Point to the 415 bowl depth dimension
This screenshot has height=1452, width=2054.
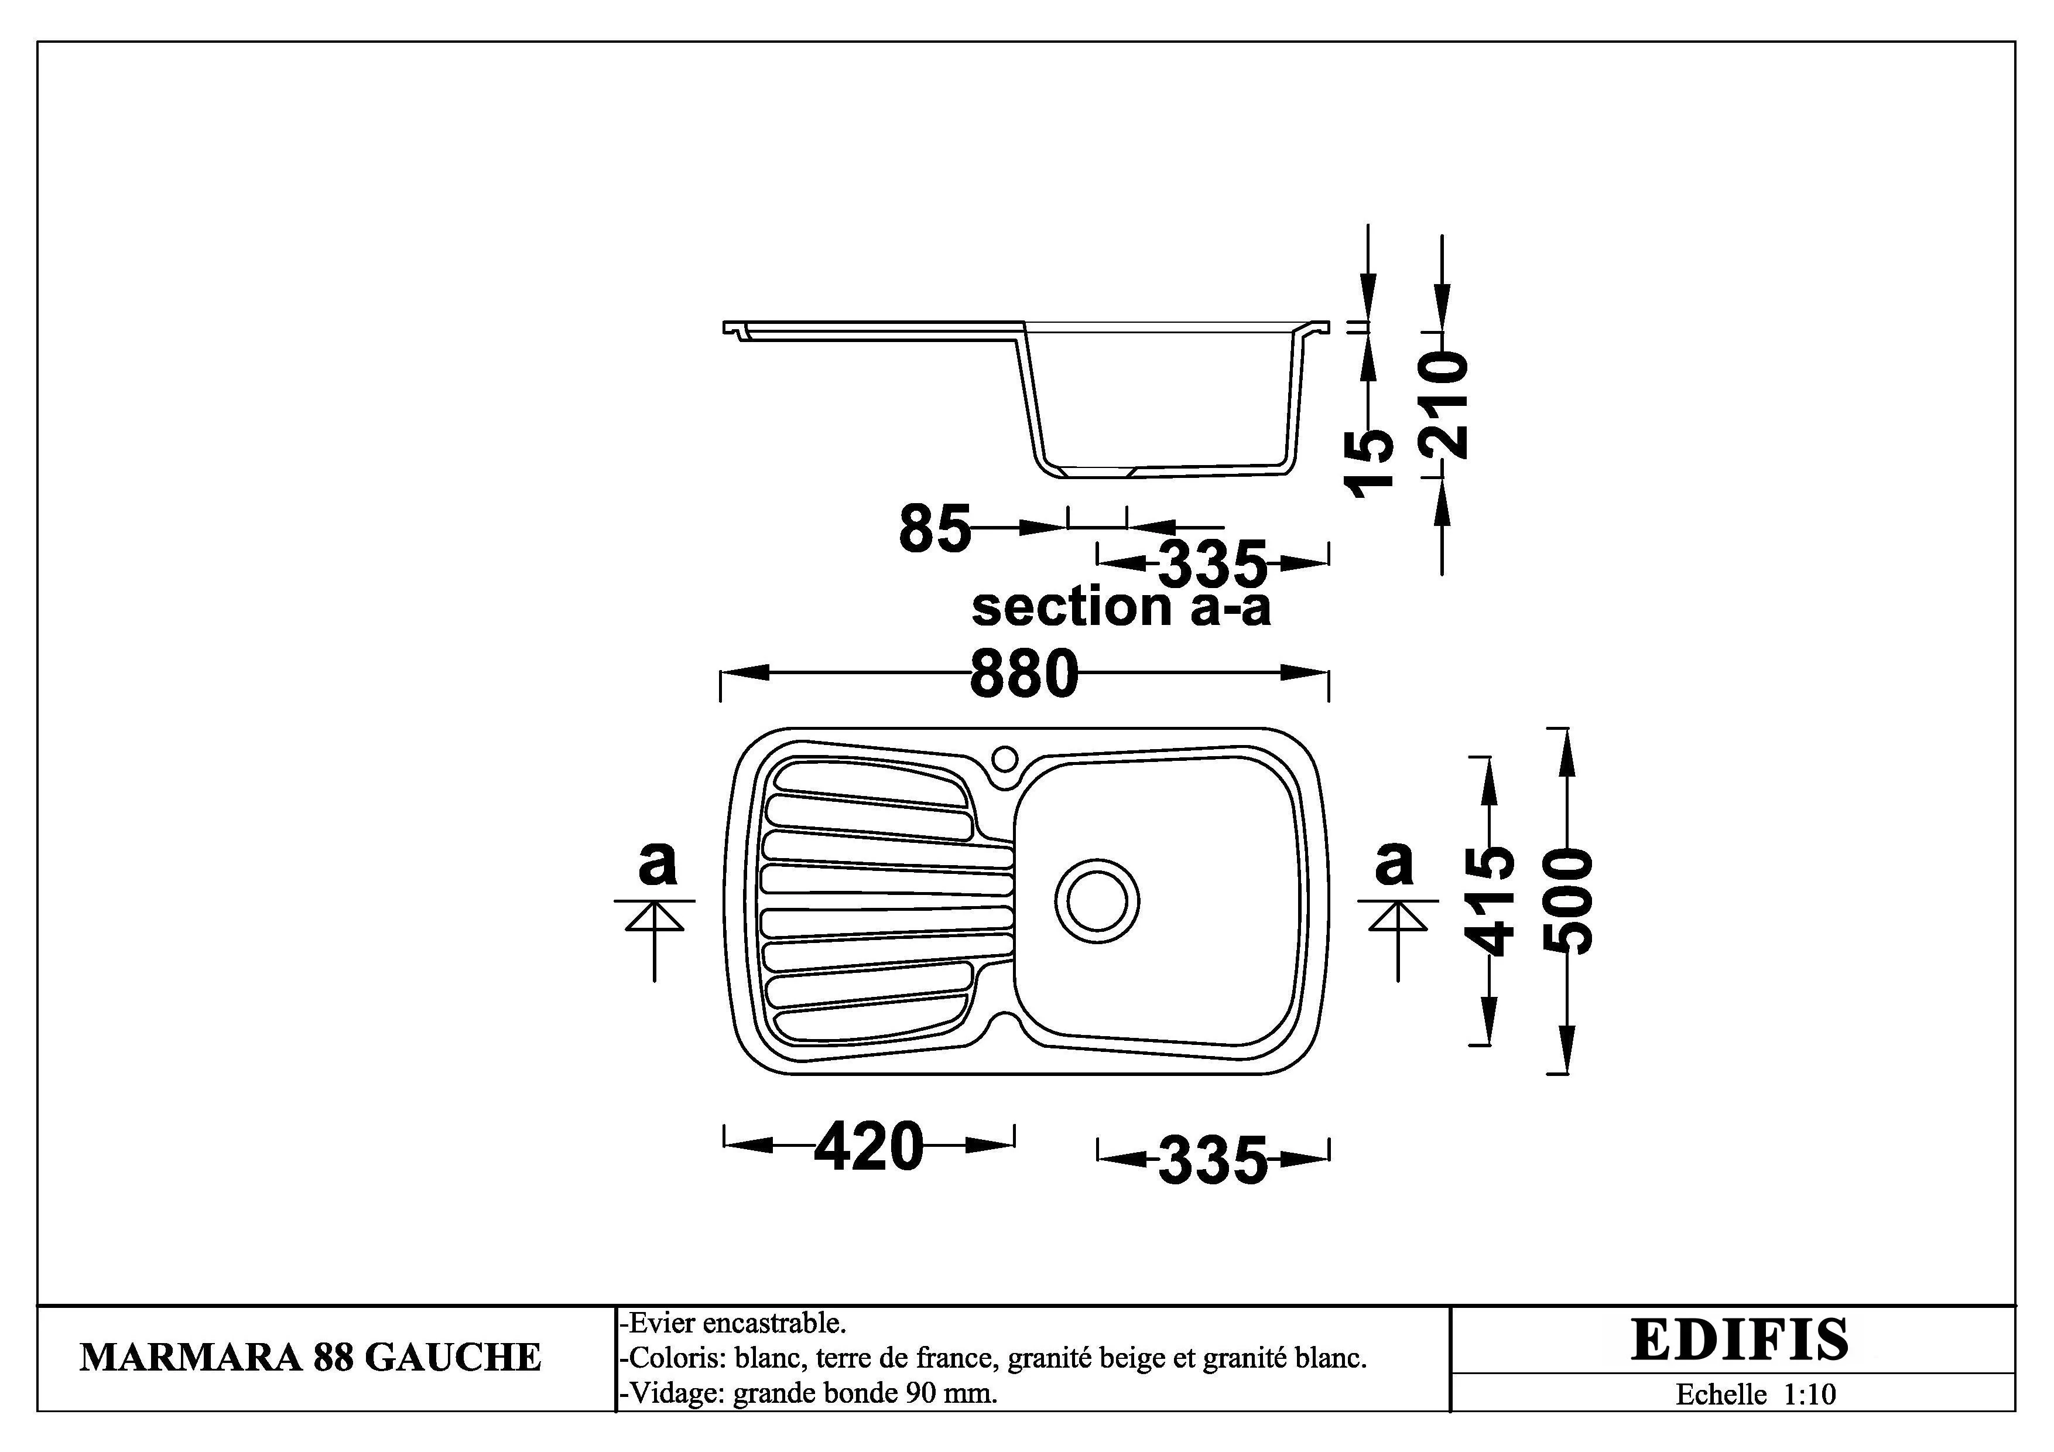click(1490, 901)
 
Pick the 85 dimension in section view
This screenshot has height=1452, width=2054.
click(935, 528)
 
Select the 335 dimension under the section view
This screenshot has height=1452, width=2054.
click(1213, 563)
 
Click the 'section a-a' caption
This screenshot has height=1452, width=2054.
click(1121, 607)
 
